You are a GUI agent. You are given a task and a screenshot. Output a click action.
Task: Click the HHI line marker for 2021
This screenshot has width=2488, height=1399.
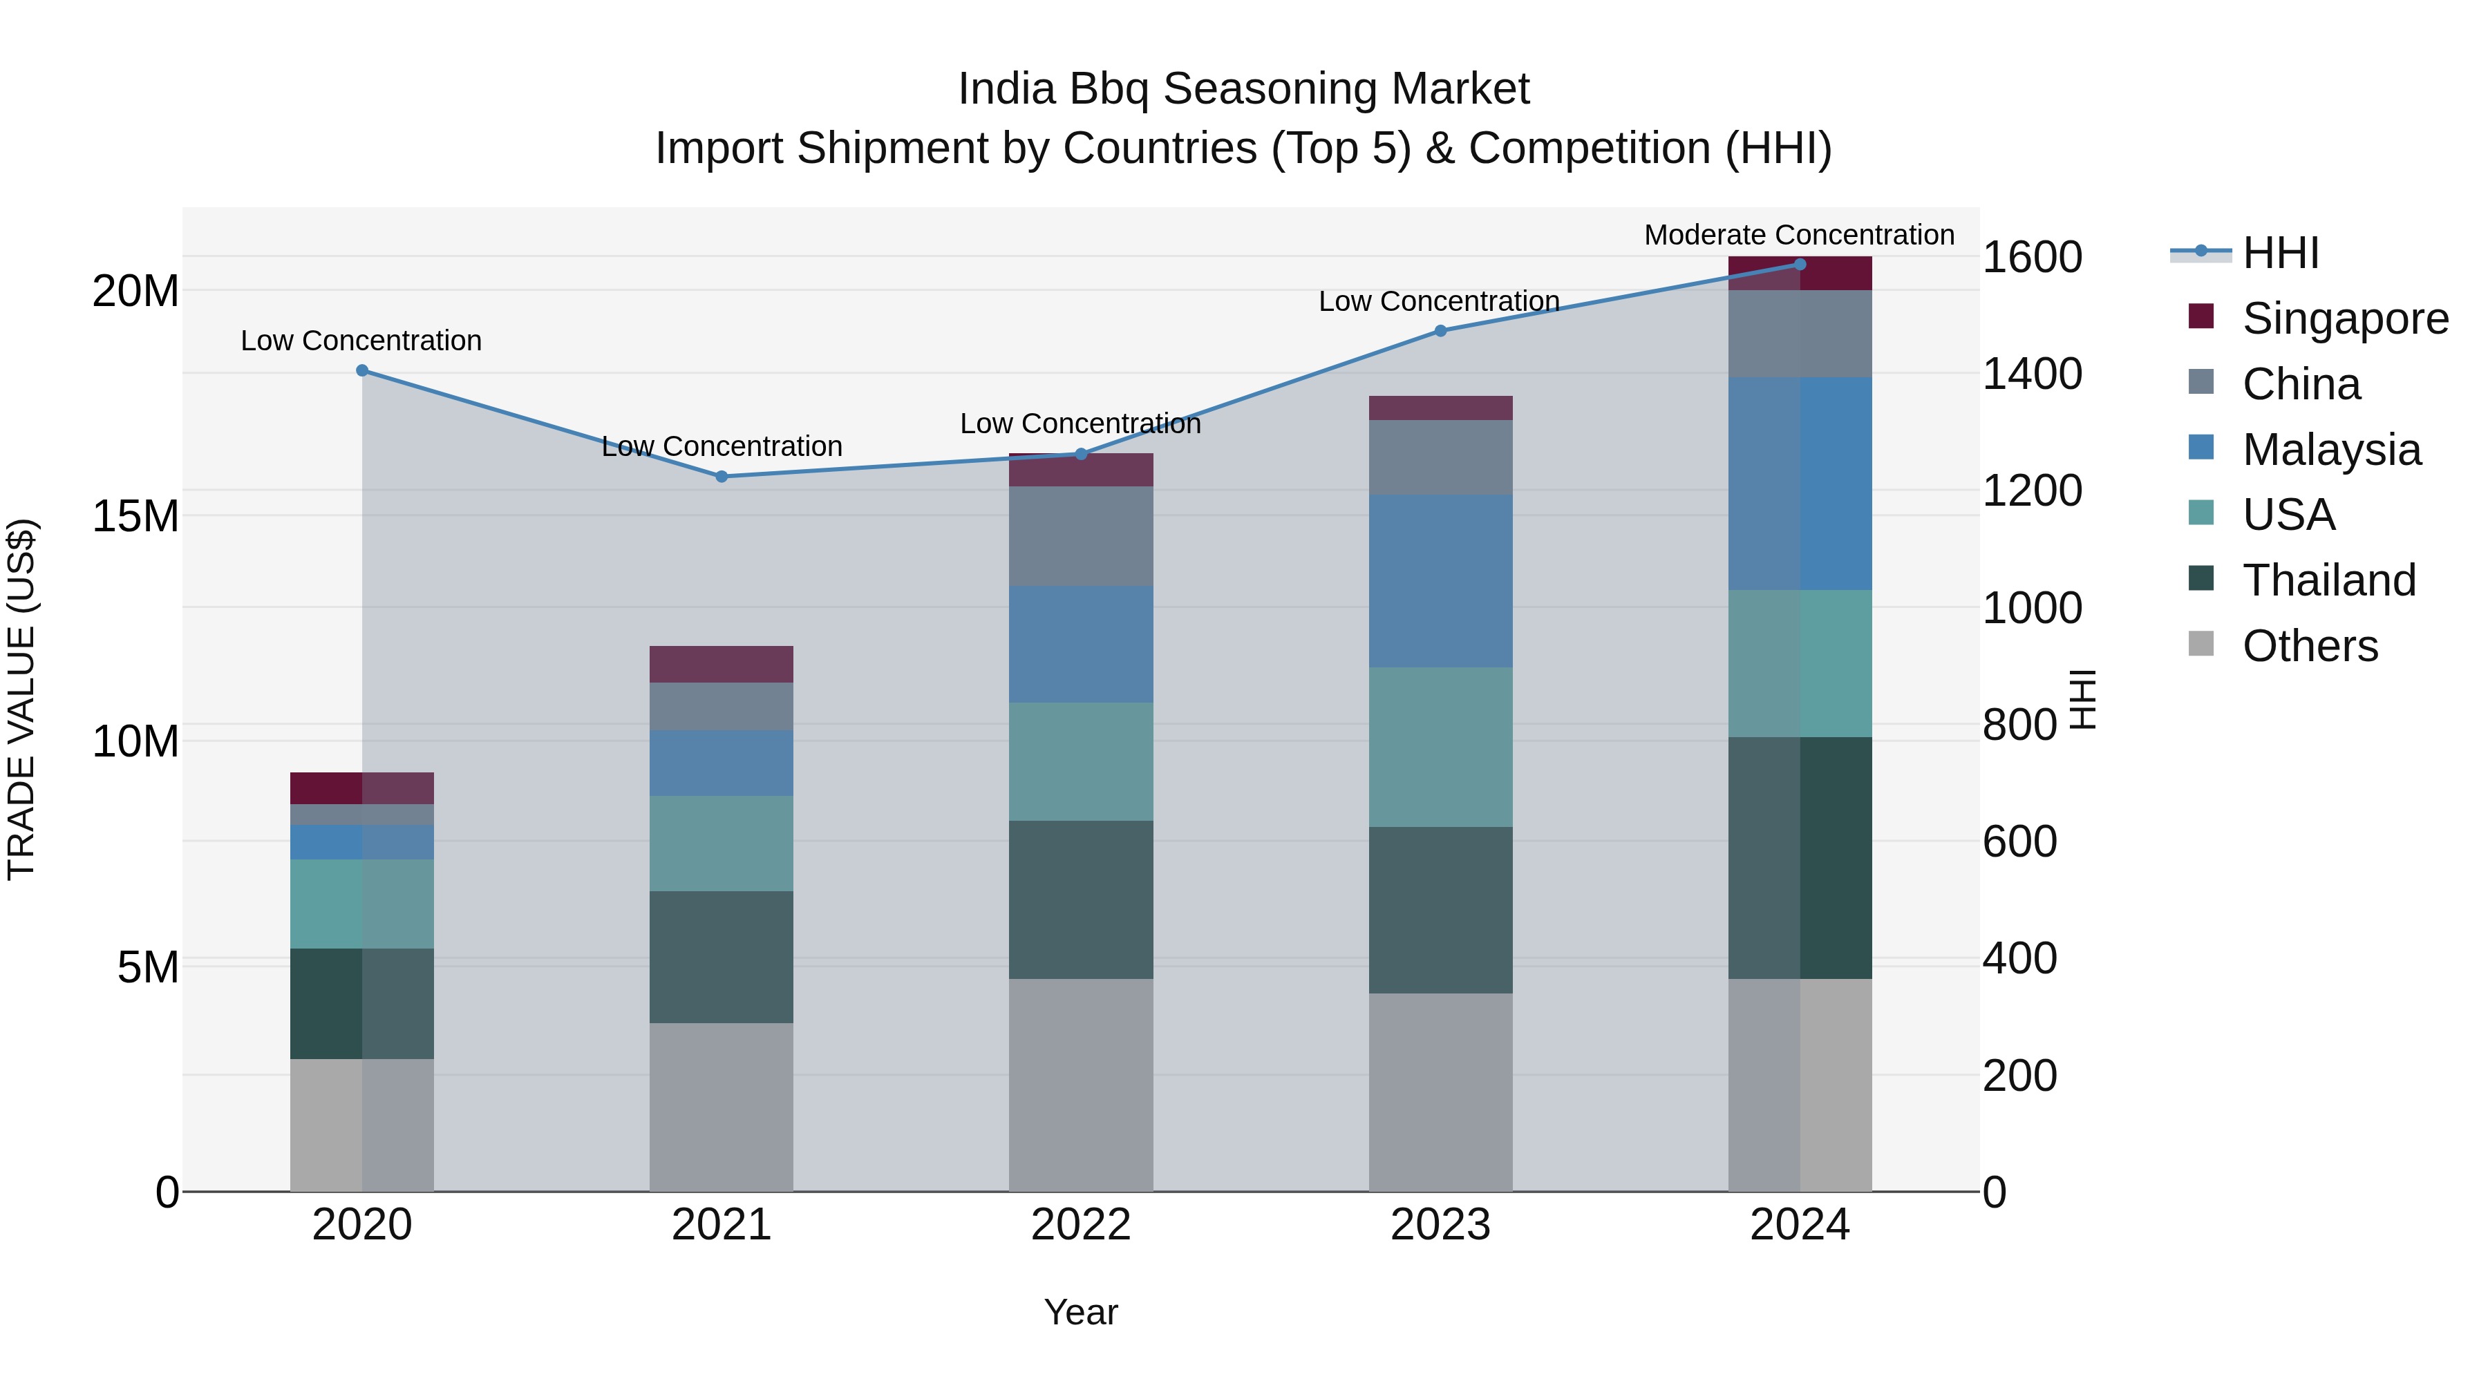tap(721, 476)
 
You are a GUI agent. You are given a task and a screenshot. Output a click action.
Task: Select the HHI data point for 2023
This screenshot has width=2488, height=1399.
tap(1440, 330)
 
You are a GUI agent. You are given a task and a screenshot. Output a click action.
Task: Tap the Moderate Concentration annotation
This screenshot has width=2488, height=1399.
tap(1798, 235)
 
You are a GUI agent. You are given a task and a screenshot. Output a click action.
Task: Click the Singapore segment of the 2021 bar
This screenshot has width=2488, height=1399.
tap(721, 664)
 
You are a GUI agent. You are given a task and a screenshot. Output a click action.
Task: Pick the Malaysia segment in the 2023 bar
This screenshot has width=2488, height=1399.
tap(1440, 580)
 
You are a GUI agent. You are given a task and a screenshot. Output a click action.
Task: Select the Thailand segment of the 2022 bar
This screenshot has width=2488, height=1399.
tap(1081, 900)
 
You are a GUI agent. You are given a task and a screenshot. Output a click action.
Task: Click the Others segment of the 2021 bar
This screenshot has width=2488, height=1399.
tap(721, 1107)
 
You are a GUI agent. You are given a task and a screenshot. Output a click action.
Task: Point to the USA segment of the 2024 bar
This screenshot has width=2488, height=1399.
tap(1800, 663)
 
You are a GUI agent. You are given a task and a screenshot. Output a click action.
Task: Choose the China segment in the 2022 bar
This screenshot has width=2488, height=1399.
tap(1081, 536)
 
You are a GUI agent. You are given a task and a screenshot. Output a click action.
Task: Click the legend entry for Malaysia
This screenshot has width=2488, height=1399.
tap(2330, 449)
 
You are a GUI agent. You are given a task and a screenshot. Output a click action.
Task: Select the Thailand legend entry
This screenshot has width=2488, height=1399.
tap(2328, 580)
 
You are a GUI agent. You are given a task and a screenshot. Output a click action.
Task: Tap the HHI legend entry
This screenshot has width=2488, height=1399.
tap(2279, 253)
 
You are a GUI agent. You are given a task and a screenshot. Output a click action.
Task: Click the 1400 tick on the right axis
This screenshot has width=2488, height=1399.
tap(2031, 374)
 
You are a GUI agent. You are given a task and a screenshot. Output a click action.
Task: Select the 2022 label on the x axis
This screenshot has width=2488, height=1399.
tap(1081, 1225)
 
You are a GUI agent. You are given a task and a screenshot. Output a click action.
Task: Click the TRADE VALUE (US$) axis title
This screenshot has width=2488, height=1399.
tap(21, 699)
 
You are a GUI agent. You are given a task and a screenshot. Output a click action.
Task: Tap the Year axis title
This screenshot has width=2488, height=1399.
tap(1081, 1312)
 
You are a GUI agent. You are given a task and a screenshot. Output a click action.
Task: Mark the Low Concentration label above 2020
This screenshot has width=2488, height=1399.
tap(361, 341)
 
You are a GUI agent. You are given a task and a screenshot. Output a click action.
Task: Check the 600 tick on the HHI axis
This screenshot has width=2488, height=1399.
tap(2019, 841)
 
